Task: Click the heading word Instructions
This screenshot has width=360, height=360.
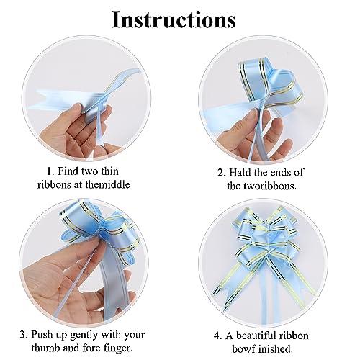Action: pos(174,20)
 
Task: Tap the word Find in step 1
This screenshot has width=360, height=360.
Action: pos(68,171)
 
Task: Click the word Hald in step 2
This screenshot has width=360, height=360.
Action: pos(240,172)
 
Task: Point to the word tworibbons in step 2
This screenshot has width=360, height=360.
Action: pos(270,186)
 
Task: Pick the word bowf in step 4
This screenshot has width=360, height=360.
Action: pos(243,348)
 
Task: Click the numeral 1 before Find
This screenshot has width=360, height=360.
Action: pos(49,171)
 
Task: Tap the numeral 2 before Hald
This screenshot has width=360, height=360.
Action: pos(221,173)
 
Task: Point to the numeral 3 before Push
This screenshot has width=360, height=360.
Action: pos(23,335)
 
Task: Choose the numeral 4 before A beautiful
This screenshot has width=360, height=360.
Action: pos(217,336)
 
